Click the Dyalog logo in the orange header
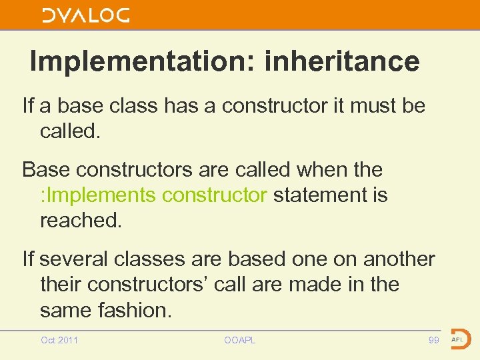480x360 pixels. [x=85, y=15]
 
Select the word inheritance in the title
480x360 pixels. [x=342, y=61]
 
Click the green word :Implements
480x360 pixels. [x=98, y=195]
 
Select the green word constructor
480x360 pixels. [x=215, y=195]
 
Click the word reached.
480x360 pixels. [x=81, y=220]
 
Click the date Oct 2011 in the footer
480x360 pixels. [x=59, y=341]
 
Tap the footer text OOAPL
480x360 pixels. [x=239, y=341]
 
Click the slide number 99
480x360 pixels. [x=433, y=341]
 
